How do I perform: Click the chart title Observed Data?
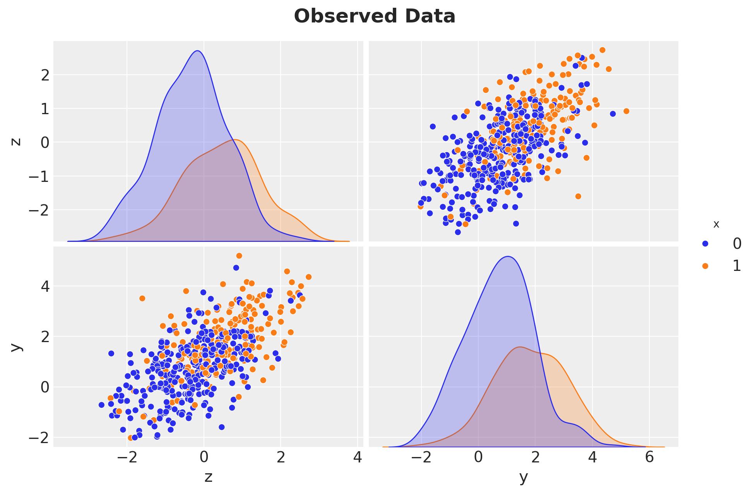pos(375,17)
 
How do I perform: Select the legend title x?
pos(716,224)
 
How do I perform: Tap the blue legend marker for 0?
pos(705,243)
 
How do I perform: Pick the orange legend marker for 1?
pos(705,266)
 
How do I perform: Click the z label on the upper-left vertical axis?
pos(16,142)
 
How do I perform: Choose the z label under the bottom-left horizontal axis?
pos(208,477)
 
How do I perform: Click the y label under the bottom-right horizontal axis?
pos(523,477)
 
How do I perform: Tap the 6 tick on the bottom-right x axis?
pos(649,458)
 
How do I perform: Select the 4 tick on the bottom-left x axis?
pos(358,458)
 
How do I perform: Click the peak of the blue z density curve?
pos(197,51)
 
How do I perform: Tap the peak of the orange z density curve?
pos(235,140)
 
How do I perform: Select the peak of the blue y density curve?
pos(508,257)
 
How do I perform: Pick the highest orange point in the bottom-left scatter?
pos(239,256)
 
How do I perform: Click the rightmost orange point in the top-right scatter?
pos(627,111)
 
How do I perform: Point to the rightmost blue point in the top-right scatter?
pos(613,114)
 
